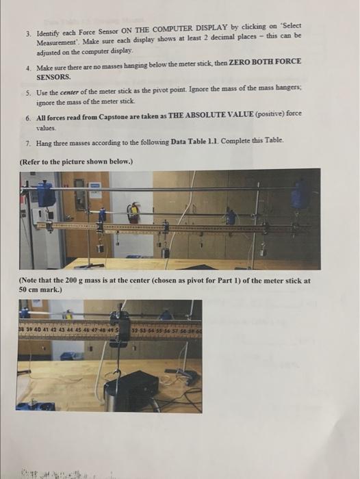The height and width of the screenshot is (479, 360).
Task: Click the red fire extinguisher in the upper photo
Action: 135,212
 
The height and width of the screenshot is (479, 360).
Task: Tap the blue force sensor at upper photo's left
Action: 47,194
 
